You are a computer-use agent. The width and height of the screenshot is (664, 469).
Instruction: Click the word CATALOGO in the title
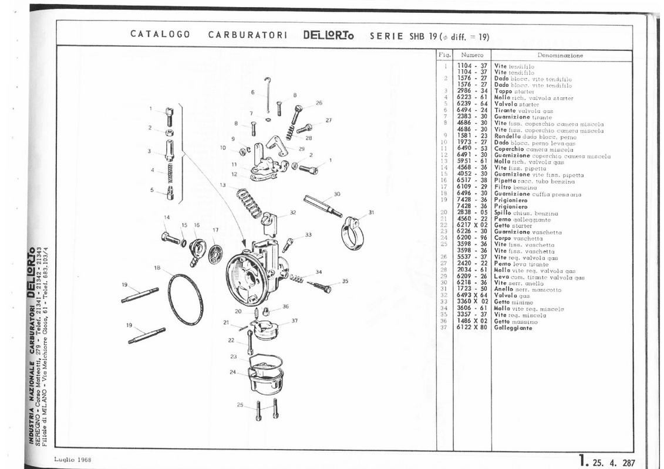pyautogui.click(x=160, y=35)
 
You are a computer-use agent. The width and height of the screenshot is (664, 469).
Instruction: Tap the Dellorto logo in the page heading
pyautogui.click(x=328, y=35)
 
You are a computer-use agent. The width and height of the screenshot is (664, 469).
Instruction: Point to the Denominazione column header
pyautogui.click(x=559, y=56)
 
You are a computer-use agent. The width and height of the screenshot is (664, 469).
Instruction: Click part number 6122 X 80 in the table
pyautogui.click(x=472, y=328)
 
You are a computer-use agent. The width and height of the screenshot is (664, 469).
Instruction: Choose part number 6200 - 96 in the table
pyautogui.click(x=472, y=239)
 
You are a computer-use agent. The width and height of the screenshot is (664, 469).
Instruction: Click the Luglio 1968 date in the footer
pyautogui.click(x=73, y=460)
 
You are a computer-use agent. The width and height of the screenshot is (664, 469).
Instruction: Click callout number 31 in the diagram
pyautogui.click(x=371, y=212)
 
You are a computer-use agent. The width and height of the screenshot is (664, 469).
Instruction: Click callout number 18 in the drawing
pyautogui.click(x=157, y=268)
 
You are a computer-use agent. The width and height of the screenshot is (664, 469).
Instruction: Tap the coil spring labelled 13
pyautogui.click(x=249, y=202)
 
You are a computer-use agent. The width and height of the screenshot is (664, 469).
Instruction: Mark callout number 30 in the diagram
pyautogui.click(x=336, y=194)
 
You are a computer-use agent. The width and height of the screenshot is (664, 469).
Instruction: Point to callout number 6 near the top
pyautogui.click(x=252, y=93)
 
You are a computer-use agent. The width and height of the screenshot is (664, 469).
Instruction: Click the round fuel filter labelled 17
pyautogui.click(x=215, y=252)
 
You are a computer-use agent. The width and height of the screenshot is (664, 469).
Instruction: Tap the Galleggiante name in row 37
pyautogui.click(x=513, y=328)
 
